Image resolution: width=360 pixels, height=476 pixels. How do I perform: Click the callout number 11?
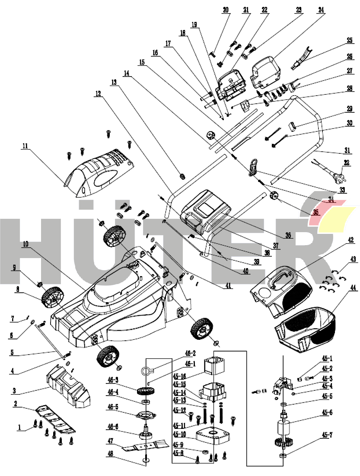[x=25, y=147]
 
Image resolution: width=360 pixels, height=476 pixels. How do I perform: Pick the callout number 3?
[x=14, y=391]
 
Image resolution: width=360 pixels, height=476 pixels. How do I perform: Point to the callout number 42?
[x=350, y=239]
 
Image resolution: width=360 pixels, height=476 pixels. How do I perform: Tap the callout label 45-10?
[x=178, y=434]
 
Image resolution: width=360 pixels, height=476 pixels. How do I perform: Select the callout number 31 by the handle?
[x=347, y=151]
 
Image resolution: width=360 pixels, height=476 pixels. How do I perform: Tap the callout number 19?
[x=194, y=25]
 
